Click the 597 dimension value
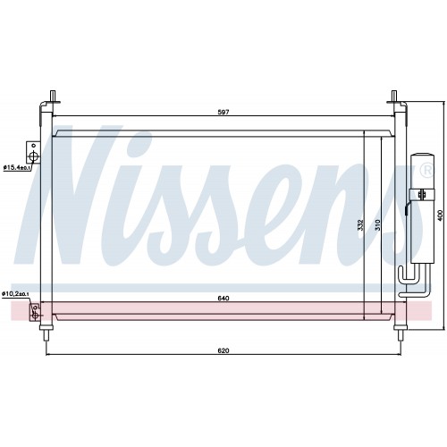click(x=223, y=112)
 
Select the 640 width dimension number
click(x=223, y=298)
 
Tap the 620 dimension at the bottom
click(x=223, y=350)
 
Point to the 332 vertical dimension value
click(x=360, y=224)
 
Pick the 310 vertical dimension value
click(x=378, y=224)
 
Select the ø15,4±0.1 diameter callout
click(x=17, y=167)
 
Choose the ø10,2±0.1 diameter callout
click(x=15, y=294)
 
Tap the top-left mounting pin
click(x=53, y=97)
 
